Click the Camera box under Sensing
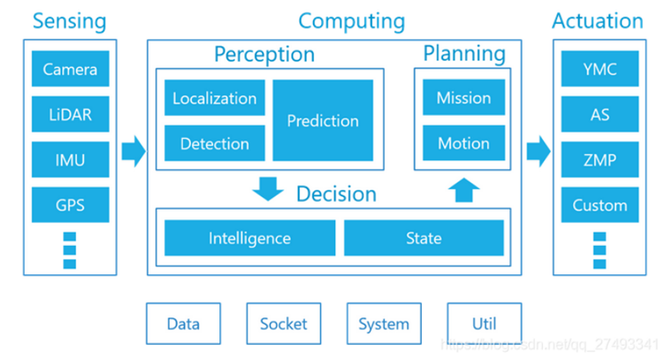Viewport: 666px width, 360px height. click(70, 69)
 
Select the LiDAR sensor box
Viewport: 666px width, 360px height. click(70, 114)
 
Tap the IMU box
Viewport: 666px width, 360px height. click(70, 160)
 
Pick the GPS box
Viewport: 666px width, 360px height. click(70, 205)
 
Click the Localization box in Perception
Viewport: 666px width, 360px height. click(215, 98)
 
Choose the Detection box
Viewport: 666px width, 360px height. click(215, 143)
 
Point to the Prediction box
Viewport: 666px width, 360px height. click(323, 120)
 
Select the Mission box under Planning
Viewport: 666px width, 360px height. click(463, 98)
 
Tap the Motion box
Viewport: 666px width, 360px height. click(463, 143)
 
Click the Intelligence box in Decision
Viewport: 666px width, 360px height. click(249, 238)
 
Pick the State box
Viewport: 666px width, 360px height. click(424, 238)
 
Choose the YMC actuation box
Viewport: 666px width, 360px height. click(600, 69)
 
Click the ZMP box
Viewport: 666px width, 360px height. click(600, 160)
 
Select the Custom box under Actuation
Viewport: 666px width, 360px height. click(600, 205)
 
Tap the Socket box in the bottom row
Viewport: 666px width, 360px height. click(283, 324)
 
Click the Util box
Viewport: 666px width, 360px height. click(484, 324)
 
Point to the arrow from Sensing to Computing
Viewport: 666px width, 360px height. click(133, 150)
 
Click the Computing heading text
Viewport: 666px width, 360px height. click(351, 21)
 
